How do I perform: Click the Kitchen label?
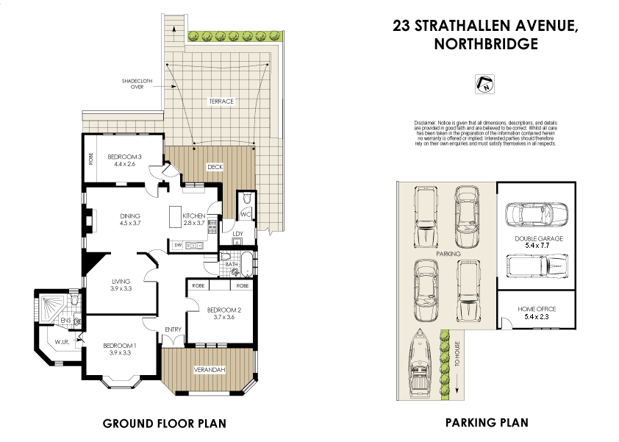pyautogui.click(x=184, y=215)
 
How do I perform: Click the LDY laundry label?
pyautogui.click(x=237, y=235)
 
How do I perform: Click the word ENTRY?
pyautogui.click(x=173, y=329)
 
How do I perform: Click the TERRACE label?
pyautogui.click(x=221, y=101)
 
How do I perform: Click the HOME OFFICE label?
pyautogui.click(x=537, y=309)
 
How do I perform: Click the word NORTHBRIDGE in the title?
pyautogui.click(x=486, y=43)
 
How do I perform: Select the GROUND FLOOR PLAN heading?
pyautogui.click(x=164, y=424)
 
